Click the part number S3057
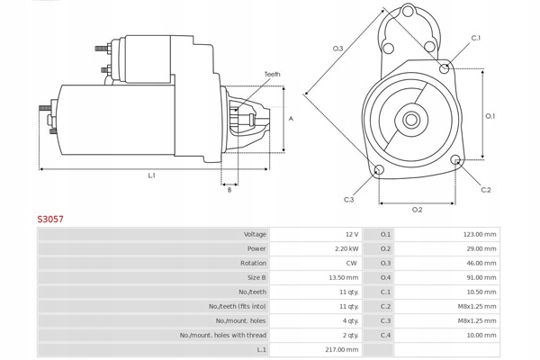[49, 218]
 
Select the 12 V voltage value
[350, 234]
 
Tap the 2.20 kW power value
[346, 248]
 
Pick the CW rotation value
[351, 263]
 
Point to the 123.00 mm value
[480, 234]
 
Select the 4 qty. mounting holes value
[349, 320]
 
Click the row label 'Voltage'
[255, 234]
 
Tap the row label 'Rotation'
[253, 263]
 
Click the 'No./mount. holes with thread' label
[222, 335]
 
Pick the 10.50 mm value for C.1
[481, 292]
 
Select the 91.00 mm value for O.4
[481, 277]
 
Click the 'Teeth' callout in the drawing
[272, 74]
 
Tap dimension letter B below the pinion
[229, 190]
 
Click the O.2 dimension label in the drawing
[417, 210]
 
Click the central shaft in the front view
[411, 119]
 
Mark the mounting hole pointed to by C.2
[457, 162]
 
